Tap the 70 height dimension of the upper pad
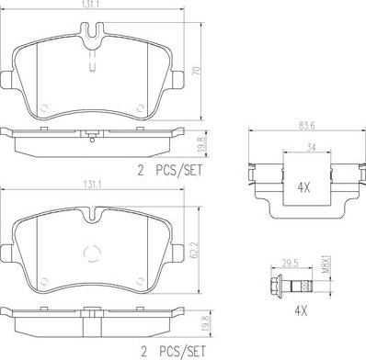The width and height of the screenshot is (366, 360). point(198,71)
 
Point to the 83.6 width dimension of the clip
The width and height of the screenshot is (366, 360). point(306,125)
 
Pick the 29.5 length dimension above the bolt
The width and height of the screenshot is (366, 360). point(290,263)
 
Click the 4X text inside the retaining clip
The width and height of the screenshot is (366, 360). point(303,187)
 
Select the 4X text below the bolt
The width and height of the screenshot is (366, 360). point(301,311)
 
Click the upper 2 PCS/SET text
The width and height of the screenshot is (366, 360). point(170,170)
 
